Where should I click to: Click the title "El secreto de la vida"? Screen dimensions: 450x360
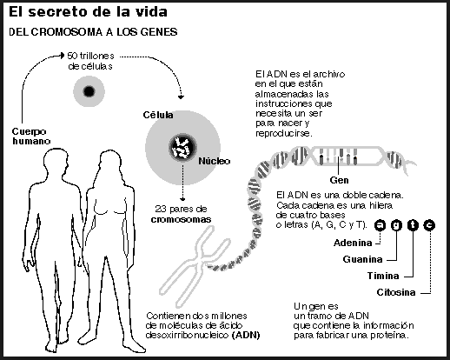pos(88,12)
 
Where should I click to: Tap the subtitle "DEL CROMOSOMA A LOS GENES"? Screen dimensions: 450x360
pos(93,32)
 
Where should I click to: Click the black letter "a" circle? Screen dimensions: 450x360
pos(380,225)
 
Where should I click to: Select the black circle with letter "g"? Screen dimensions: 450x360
pos(396,225)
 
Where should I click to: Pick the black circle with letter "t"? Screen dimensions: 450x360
pos(413,225)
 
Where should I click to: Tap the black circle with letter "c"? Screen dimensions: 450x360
pos(429,225)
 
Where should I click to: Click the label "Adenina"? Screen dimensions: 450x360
pos(353,243)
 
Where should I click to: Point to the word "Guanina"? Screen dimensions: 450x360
pos(362,259)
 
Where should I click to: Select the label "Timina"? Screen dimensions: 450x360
pos(383,276)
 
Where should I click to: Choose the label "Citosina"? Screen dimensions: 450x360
pos(396,292)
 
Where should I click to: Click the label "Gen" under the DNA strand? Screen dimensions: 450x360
pos(339,180)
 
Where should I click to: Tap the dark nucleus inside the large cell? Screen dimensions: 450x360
pos(182,147)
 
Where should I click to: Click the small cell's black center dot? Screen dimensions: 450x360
pos(89,91)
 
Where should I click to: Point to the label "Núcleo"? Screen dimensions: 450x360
pos(215,161)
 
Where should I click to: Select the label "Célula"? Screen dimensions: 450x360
pos(158,115)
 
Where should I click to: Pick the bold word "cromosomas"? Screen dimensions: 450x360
pos(181,219)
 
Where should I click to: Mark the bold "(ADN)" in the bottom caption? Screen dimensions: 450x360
pos(246,335)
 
